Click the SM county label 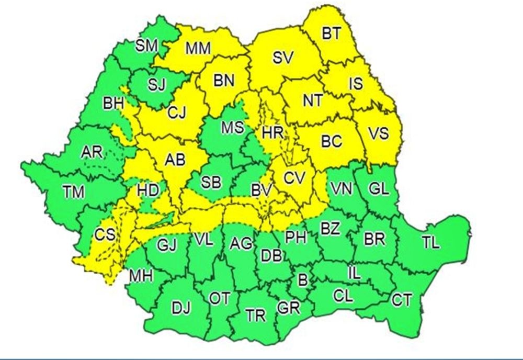click(146, 46)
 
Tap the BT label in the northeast click(331, 34)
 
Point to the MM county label click(198, 49)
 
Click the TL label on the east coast click(431, 242)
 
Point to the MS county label click(232, 128)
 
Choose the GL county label click(379, 188)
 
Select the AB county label click(175, 162)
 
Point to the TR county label click(256, 316)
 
